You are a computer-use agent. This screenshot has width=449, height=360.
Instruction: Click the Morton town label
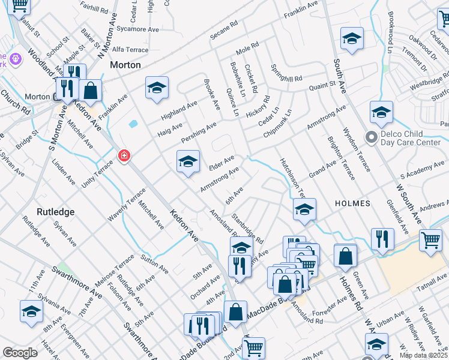[125, 65]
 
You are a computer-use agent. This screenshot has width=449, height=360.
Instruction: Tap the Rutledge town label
[55, 212]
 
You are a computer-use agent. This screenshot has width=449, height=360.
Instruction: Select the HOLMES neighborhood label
[352, 203]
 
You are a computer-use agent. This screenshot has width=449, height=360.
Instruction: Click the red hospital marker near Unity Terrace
[124, 156]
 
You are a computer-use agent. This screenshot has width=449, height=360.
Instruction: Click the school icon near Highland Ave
[157, 88]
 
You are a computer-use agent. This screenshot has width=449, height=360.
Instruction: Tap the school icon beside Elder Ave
[188, 161]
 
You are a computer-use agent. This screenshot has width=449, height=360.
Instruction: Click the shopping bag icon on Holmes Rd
[345, 256]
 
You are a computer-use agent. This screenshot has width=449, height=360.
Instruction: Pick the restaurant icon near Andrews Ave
[382, 239]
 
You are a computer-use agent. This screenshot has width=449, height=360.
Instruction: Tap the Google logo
[20, 353]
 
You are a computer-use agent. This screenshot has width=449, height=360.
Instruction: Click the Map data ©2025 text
[424, 355]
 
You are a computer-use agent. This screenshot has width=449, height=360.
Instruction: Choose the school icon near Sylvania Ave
[31, 311]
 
